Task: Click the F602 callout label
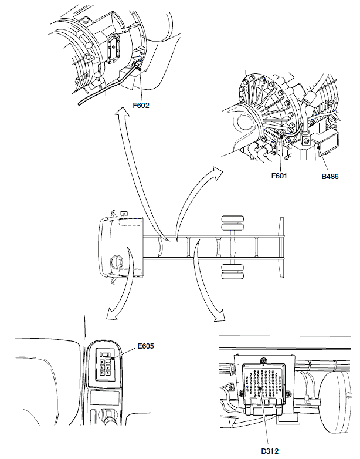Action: coord(141,106)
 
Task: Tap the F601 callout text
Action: coord(282,174)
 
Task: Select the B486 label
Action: coord(330,174)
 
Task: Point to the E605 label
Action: coord(145,346)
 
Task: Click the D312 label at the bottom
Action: coord(270,451)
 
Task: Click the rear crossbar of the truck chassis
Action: coord(282,247)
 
